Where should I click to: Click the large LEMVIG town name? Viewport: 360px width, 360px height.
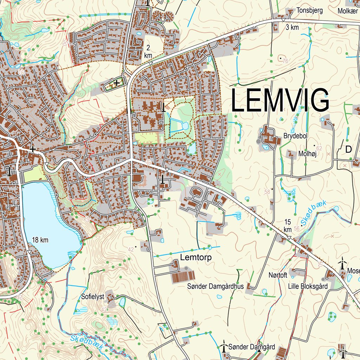[x=280, y=101]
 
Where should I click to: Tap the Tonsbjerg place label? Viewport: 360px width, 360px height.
[x=310, y=10]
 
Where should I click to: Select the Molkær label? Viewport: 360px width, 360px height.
[x=348, y=10]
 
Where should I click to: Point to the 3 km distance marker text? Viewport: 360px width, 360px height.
[x=292, y=27]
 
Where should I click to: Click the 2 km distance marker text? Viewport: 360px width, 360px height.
[x=148, y=51]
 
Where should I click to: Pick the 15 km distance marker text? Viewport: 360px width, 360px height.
[x=288, y=225]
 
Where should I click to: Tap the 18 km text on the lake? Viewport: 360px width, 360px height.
[x=40, y=240]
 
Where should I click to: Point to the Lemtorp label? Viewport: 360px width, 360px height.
[x=196, y=258]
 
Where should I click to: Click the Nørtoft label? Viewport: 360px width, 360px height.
[x=278, y=275]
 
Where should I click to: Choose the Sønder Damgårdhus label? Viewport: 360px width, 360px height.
[x=216, y=287]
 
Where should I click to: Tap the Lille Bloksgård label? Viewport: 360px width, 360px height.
[x=308, y=286]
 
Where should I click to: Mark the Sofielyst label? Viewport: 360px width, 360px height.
[x=92, y=296]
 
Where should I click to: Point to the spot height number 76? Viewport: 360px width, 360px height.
[x=285, y=61]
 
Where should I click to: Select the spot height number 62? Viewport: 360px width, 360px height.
[x=319, y=148]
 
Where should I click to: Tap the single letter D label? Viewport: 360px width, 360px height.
[x=348, y=149]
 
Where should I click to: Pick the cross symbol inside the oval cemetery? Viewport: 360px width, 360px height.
[x=116, y=83]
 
